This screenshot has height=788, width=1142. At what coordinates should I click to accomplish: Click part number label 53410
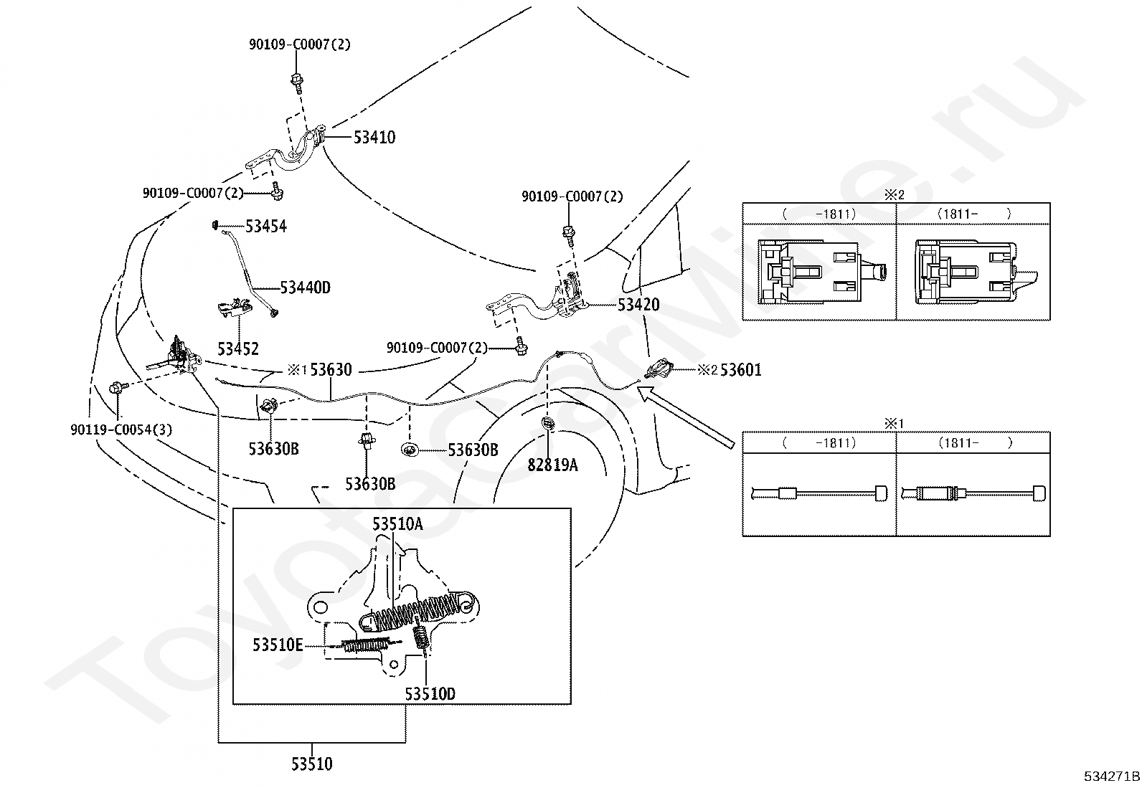coord(374,137)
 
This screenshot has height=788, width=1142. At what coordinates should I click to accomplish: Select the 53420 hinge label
coord(638,305)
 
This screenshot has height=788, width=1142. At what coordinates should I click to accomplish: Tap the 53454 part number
coord(266,227)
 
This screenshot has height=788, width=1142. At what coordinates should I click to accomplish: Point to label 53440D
coord(306,288)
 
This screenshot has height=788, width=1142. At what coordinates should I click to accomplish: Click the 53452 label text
coord(238,349)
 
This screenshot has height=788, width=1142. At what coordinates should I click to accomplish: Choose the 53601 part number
coord(741,370)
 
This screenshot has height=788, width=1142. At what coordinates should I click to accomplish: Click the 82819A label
coord(552,465)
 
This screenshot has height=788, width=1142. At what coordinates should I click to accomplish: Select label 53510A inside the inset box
coord(397,524)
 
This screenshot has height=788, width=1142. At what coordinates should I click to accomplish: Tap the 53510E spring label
coord(278,645)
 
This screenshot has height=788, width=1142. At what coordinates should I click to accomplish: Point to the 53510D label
coord(430,694)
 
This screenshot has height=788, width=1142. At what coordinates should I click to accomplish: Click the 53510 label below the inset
coord(312,764)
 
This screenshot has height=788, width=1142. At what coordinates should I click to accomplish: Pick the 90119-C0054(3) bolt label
coord(121,430)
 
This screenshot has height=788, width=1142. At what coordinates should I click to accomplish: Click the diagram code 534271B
coord(1111,777)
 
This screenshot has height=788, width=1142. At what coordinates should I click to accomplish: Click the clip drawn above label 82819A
coord(547,423)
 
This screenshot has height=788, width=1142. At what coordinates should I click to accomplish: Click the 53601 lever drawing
coord(659,368)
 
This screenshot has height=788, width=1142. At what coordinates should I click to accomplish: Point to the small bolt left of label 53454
coord(215,225)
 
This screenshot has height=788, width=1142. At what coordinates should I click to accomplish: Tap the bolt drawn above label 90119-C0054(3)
coord(115,388)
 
